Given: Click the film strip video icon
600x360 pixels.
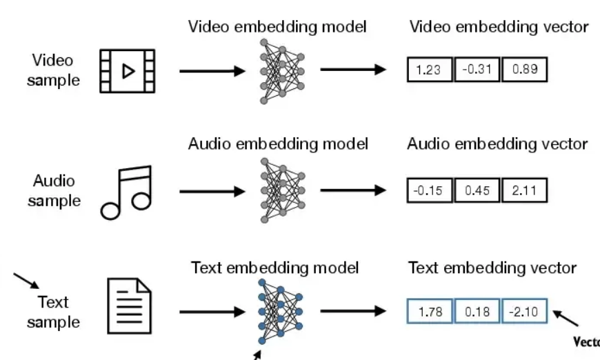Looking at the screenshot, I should pyautogui.click(x=128, y=71).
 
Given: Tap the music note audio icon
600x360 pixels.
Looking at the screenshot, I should pyautogui.click(x=126, y=192).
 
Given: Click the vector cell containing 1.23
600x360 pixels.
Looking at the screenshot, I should pyautogui.click(x=429, y=70).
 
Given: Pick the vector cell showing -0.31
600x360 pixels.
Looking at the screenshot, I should pyautogui.click(x=477, y=70).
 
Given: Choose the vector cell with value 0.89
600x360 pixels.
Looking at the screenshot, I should pyautogui.click(x=525, y=70).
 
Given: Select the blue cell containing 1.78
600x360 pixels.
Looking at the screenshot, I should pyautogui.click(x=429, y=312).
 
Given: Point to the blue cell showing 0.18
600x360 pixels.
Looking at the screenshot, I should pyautogui.click(x=477, y=312).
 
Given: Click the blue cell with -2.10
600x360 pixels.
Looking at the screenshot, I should pyautogui.click(x=525, y=312).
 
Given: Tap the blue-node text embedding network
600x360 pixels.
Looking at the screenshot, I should pyautogui.click(x=281, y=312).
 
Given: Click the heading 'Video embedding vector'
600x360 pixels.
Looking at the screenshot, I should pyautogui.click(x=499, y=27).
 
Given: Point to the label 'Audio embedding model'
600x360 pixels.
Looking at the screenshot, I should pyautogui.click(x=278, y=144).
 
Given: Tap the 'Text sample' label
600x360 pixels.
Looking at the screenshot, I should pyautogui.click(x=53, y=312).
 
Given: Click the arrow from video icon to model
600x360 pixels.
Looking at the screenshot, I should pyautogui.click(x=212, y=71).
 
